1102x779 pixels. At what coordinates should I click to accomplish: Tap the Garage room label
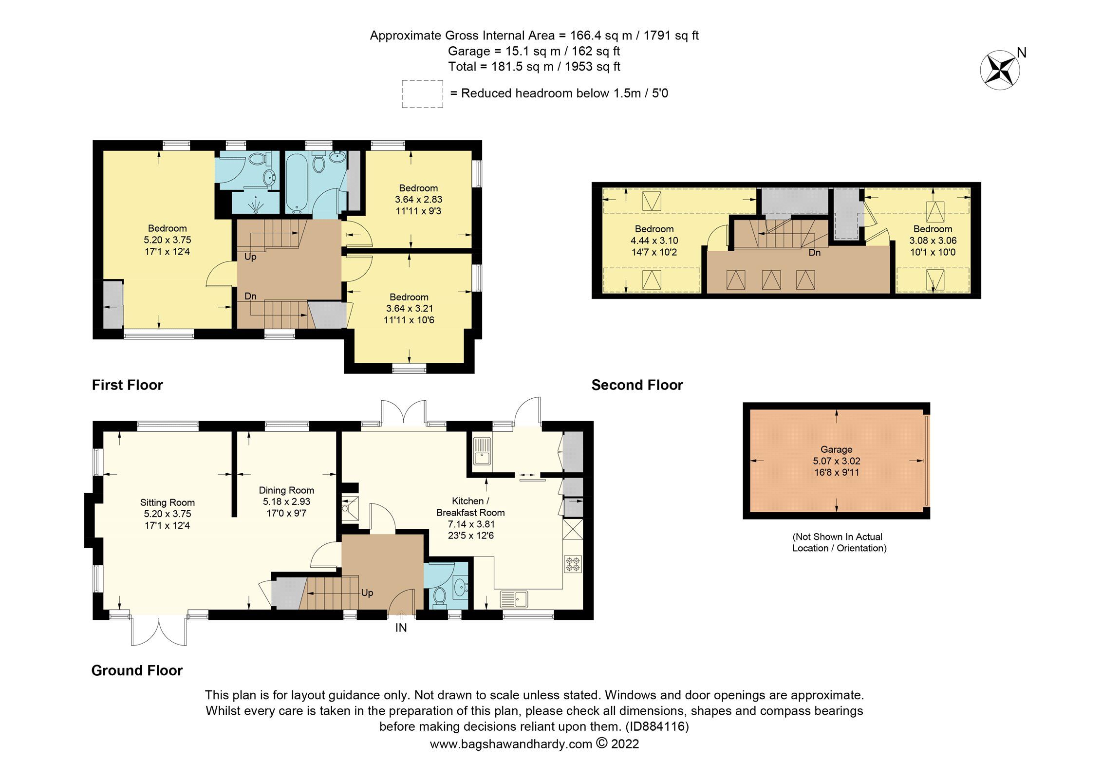836,461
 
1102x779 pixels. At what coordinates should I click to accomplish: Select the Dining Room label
286,501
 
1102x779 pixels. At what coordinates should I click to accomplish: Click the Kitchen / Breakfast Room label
470,518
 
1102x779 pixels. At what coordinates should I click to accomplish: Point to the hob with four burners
573,564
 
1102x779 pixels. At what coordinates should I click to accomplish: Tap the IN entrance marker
401,628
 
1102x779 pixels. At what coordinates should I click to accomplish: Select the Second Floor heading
637,385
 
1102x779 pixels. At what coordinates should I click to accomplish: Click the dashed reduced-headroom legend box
422,94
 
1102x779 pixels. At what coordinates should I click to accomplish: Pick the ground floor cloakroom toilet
440,596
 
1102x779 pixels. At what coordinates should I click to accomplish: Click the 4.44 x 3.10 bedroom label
654,241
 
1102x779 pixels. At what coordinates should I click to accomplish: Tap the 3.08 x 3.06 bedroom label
933,241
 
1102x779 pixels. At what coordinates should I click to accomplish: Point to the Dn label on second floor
815,253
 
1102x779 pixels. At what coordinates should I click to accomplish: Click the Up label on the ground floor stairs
367,593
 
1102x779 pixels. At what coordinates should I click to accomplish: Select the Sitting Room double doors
159,631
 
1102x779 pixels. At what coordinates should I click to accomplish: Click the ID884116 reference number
657,726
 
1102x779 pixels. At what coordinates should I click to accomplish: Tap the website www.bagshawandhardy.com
511,744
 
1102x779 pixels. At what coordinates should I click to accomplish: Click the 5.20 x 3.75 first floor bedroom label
167,240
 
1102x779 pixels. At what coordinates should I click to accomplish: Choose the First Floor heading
127,385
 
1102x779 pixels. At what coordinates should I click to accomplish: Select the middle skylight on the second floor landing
771,279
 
